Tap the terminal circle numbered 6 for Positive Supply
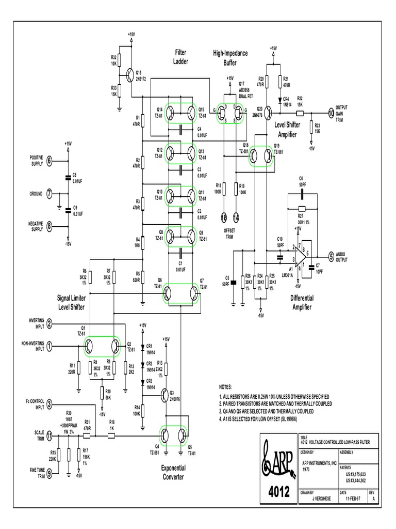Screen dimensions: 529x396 tap(49, 160)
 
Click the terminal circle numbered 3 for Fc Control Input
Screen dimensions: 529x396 tap(49, 404)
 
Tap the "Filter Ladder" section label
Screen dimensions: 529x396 tap(180, 57)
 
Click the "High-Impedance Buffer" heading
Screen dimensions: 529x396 tap(230, 57)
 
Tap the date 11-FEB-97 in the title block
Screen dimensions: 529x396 tap(352, 499)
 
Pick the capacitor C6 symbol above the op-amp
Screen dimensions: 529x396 tap(302, 195)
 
